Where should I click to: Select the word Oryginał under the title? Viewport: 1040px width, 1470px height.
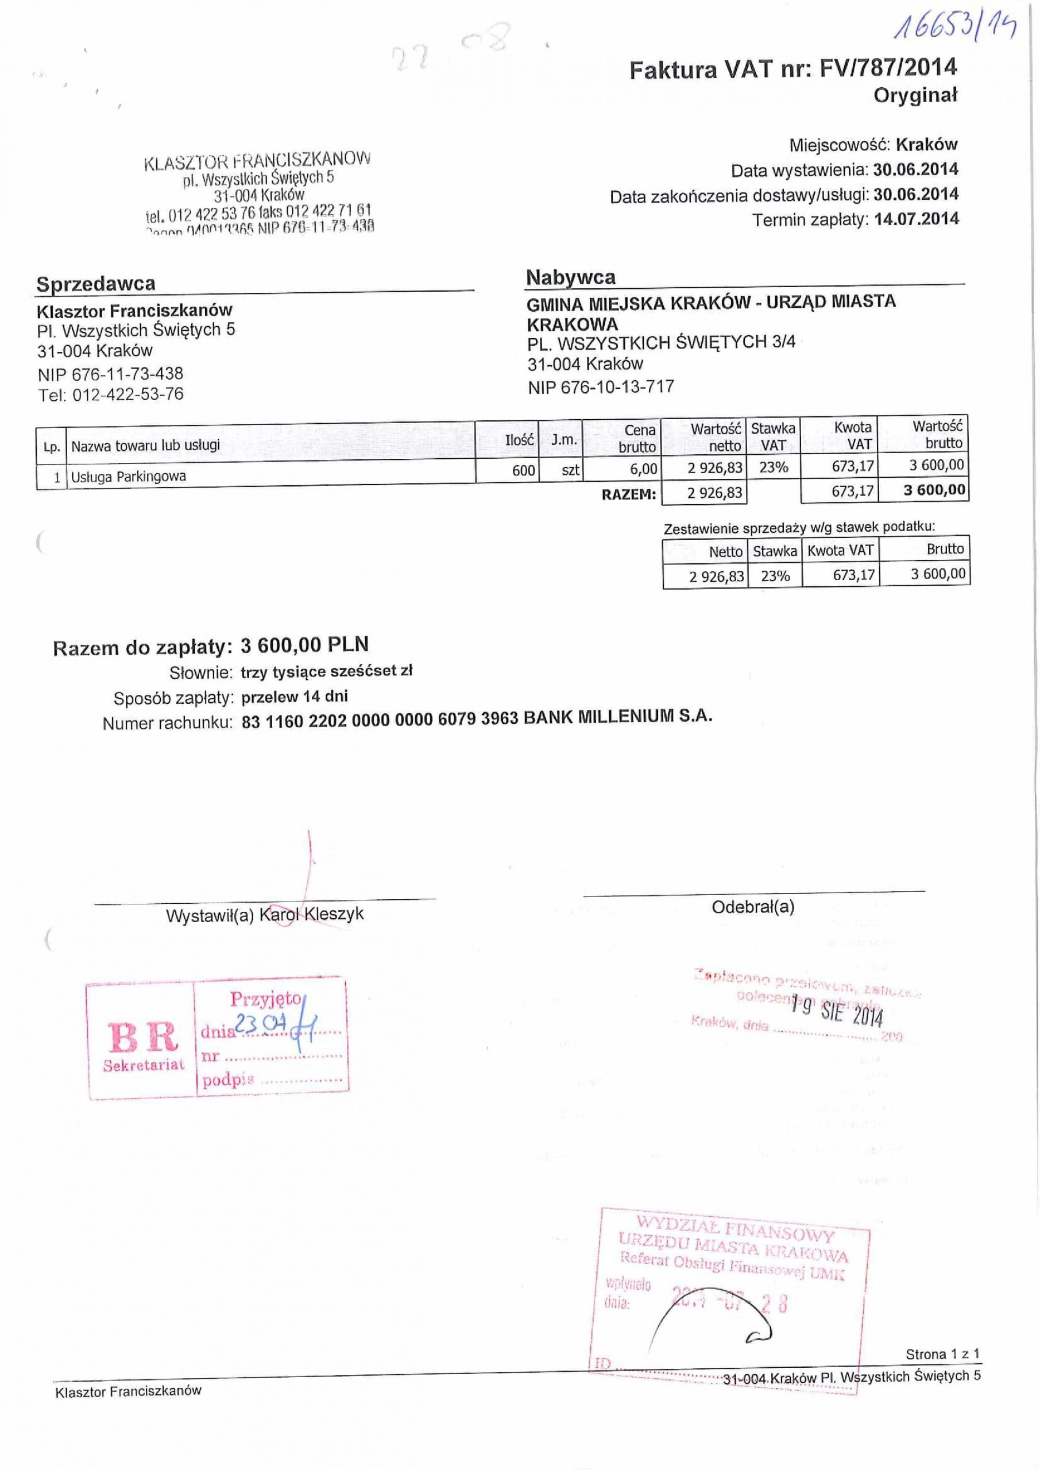click(x=915, y=96)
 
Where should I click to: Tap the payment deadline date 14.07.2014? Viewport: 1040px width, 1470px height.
click(x=917, y=219)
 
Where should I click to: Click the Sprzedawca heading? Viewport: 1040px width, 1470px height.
click(x=95, y=284)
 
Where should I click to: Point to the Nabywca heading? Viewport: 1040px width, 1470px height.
click(x=571, y=277)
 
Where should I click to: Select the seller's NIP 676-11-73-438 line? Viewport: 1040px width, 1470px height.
click(x=110, y=373)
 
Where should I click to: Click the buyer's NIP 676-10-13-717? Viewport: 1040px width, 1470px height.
click(x=601, y=386)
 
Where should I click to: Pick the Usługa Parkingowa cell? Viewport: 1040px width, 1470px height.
click(x=128, y=477)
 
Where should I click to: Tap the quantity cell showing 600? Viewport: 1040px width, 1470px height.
click(x=523, y=471)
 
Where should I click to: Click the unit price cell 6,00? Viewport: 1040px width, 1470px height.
click(x=643, y=469)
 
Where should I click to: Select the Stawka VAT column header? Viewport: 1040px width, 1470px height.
click(x=773, y=436)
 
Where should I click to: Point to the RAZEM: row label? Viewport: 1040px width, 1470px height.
click(x=628, y=494)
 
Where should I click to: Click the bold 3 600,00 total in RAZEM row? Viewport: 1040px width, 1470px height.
click(x=934, y=490)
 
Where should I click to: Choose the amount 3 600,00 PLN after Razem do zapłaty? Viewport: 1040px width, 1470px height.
click(x=304, y=645)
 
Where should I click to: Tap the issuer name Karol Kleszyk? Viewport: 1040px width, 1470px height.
click(x=311, y=914)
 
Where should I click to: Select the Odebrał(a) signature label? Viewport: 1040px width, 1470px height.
click(x=753, y=907)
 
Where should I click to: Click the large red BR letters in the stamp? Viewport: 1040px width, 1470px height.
click(x=143, y=1038)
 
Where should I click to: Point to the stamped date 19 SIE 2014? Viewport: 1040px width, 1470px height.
click(x=836, y=1011)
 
